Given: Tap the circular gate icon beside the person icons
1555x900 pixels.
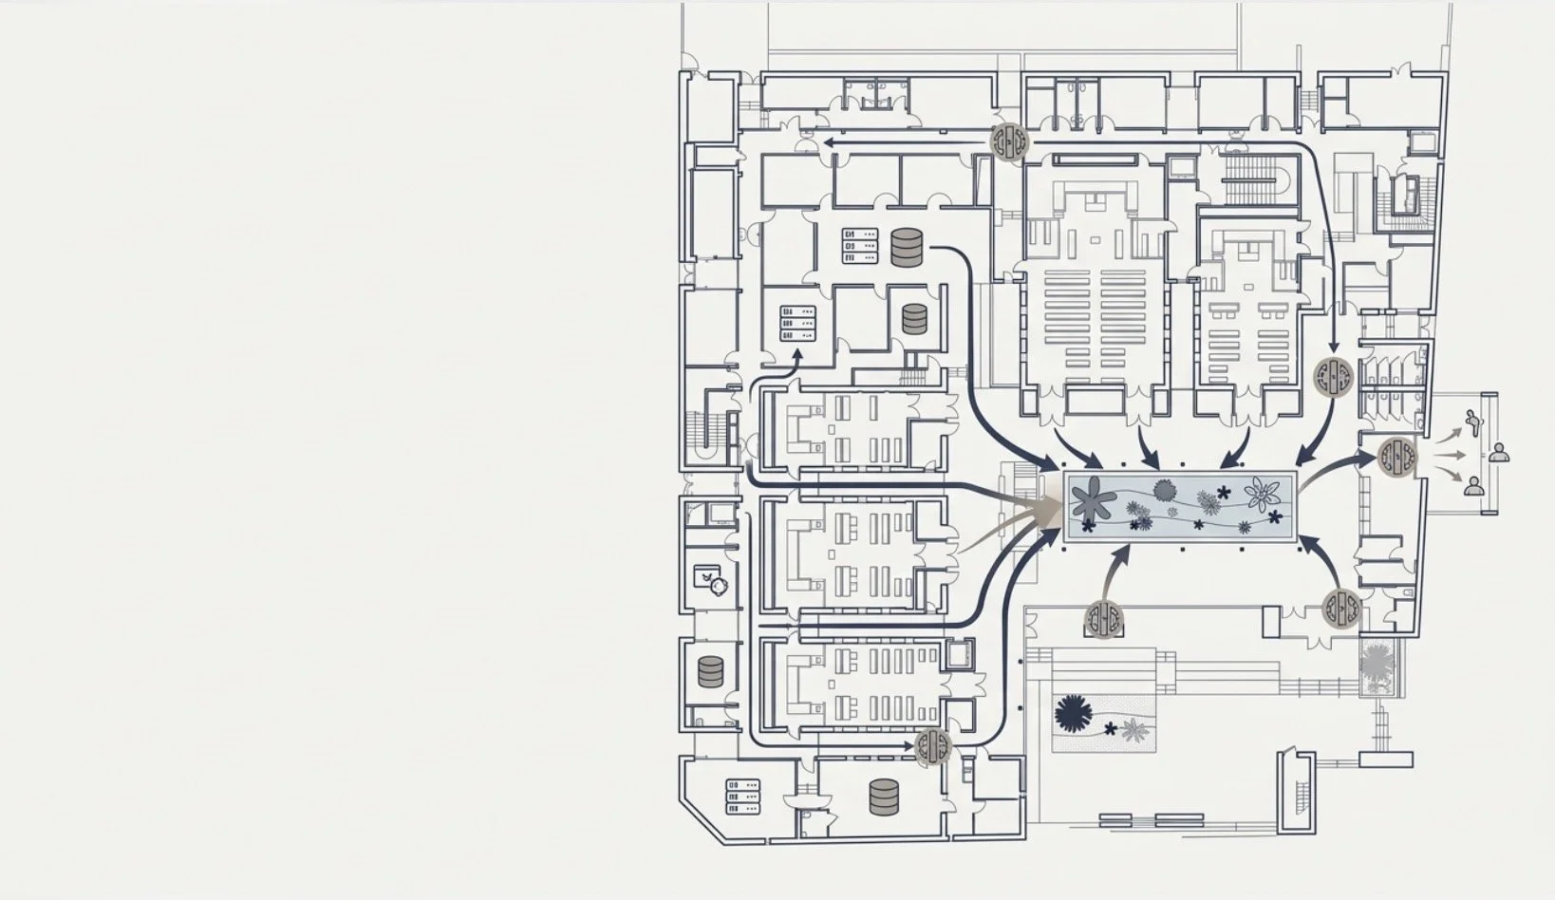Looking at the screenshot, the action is (1396, 457).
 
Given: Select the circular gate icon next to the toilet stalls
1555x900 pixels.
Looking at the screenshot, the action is (1335, 377).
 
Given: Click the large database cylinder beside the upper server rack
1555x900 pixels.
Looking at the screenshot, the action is (907, 247).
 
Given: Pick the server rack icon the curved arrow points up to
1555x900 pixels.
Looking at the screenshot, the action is (798, 323).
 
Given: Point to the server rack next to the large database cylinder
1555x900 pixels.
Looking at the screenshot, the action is (859, 245).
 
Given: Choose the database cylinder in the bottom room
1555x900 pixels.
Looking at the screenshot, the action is (884, 797).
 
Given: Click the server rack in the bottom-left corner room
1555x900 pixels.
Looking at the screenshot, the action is (743, 797).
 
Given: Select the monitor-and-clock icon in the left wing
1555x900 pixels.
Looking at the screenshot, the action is (710, 578).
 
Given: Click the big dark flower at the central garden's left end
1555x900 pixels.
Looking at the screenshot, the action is (1092, 499).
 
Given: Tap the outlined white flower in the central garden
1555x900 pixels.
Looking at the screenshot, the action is (1263, 494).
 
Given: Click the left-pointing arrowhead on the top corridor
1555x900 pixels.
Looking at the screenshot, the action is (829, 142).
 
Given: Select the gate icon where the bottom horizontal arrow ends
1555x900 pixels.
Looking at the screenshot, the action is (933, 746).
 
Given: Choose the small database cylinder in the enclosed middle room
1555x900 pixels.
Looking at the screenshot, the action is (914, 318).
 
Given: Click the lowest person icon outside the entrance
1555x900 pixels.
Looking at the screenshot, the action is (1473, 487).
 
